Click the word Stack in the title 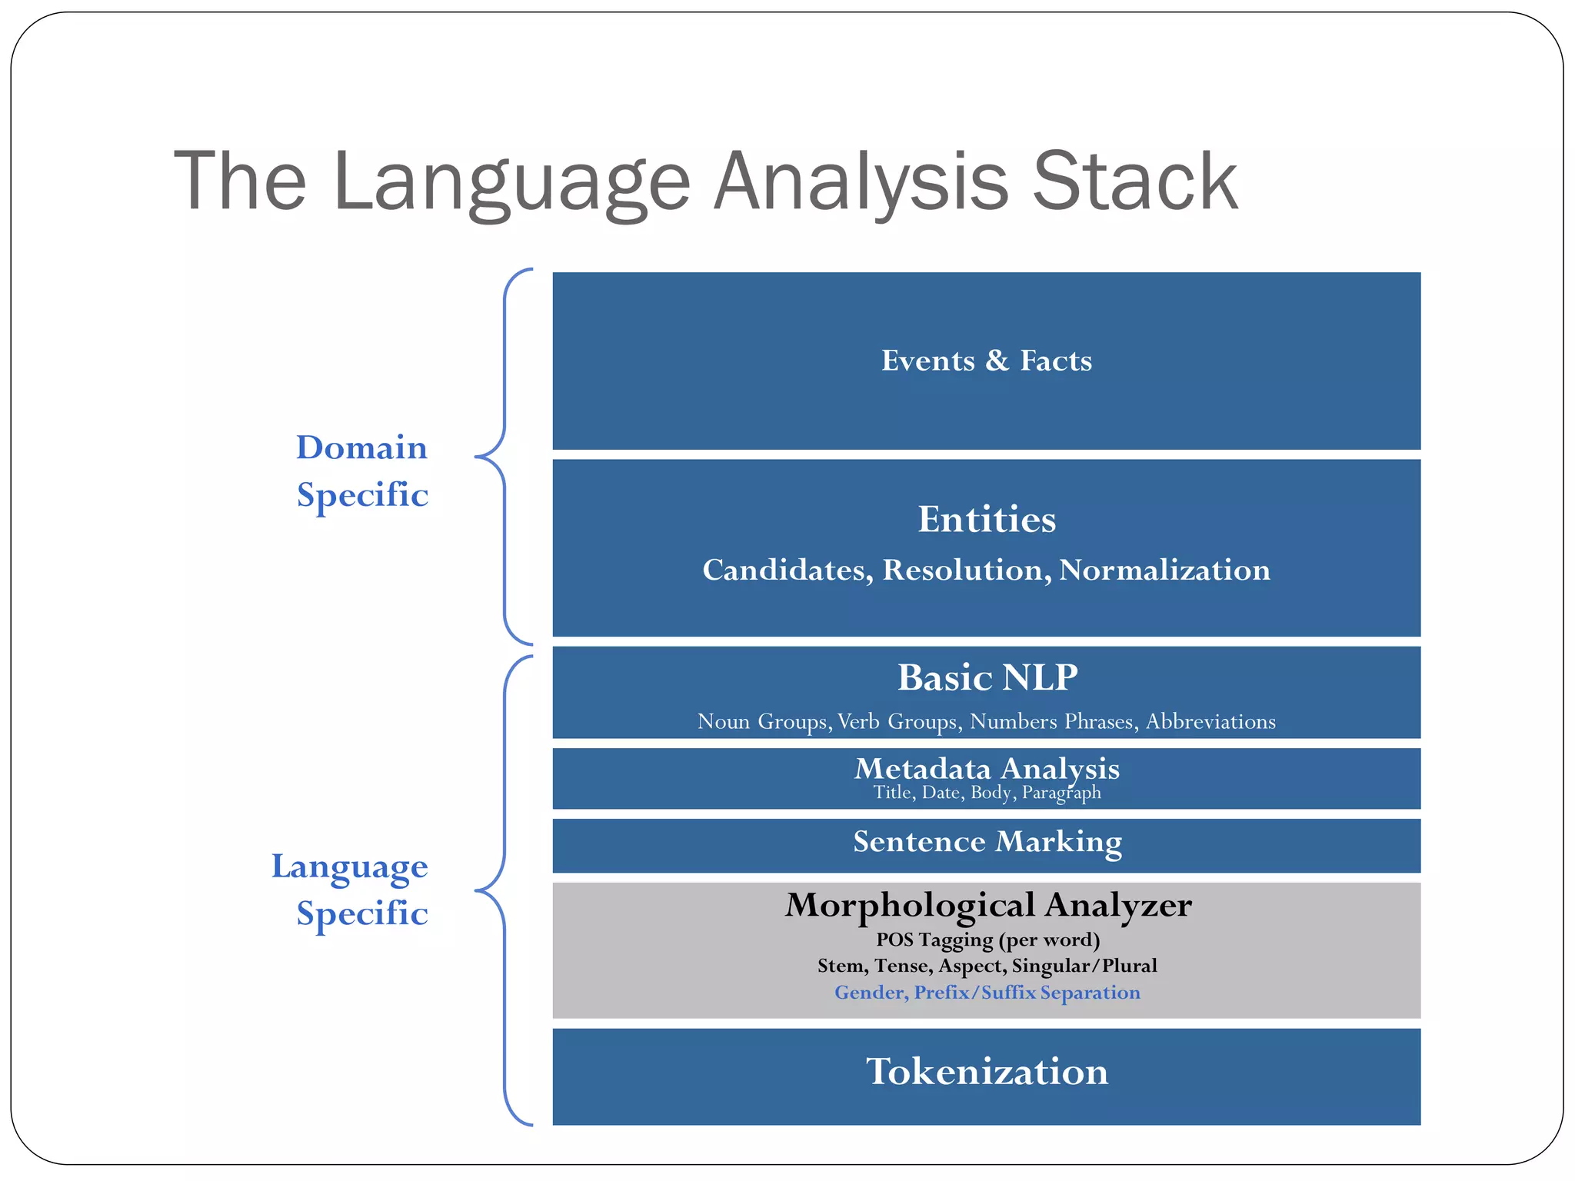pyautogui.click(x=1134, y=181)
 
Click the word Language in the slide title pyautogui.click(x=511, y=183)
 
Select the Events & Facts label pyautogui.click(x=986, y=361)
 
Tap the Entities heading pyautogui.click(x=986, y=520)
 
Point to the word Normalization pyautogui.click(x=1164, y=570)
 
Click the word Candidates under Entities pyautogui.click(x=787, y=571)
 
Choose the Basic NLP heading pyautogui.click(x=987, y=678)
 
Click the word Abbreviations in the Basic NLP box pyautogui.click(x=1210, y=721)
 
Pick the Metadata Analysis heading pyautogui.click(x=987, y=768)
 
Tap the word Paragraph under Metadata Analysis pyautogui.click(x=1061, y=793)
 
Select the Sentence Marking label pyautogui.click(x=987, y=841)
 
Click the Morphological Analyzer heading pyautogui.click(x=987, y=905)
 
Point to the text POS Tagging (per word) pyautogui.click(x=987, y=940)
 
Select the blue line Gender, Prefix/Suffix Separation pyautogui.click(x=987, y=993)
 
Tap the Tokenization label pyautogui.click(x=987, y=1072)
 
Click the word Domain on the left pyautogui.click(x=361, y=447)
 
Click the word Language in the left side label pyautogui.click(x=349, y=867)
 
